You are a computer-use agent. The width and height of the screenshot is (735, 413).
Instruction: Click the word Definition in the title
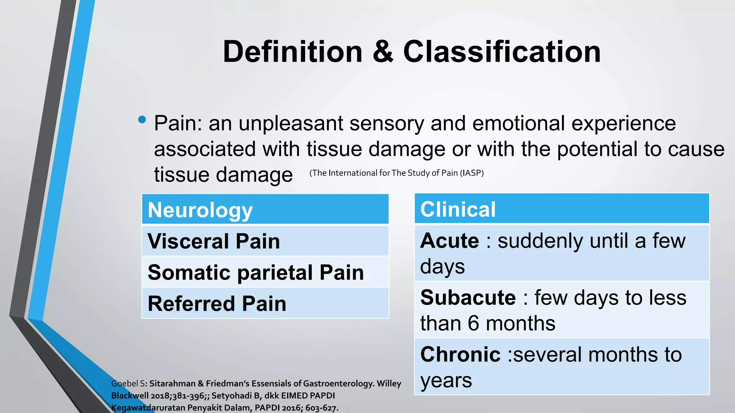point(292,52)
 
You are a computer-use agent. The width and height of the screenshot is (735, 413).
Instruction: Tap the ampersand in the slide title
point(383,52)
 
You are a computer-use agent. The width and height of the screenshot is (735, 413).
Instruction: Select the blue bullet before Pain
point(142,120)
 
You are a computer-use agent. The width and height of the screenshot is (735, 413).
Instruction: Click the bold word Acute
point(450,241)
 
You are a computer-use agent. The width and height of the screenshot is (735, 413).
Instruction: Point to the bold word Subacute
point(468,298)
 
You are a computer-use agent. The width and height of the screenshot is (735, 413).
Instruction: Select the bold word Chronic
point(460,355)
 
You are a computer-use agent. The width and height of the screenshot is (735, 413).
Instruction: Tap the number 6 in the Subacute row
point(473,323)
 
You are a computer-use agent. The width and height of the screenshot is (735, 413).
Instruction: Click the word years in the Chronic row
point(446,381)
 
